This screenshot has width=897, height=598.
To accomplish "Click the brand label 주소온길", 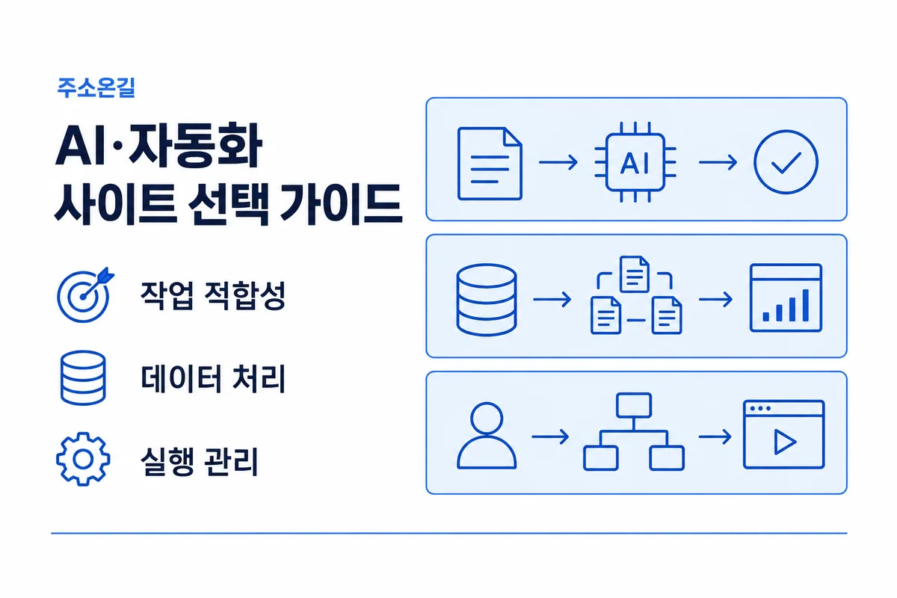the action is (x=96, y=87).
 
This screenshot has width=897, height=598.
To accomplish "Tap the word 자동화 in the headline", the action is (x=195, y=146).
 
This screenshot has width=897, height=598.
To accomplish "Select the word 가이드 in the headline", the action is (x=341, y=203).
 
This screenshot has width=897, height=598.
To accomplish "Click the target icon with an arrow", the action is (x=85, y=295).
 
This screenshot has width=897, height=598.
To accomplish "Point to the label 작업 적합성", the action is (x=212, y=295).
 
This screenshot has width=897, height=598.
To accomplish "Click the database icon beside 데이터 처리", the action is (x=83, y=378).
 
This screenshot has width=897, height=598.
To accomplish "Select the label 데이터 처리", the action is (x=212, y=378).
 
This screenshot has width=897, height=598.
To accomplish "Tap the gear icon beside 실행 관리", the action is (x=83, y=459).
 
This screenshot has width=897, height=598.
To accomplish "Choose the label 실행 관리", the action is (x=199, y=461).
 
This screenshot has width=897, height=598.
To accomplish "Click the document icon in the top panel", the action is (x=490, y=164).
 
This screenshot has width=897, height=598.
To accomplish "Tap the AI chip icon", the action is (x=635, y=162).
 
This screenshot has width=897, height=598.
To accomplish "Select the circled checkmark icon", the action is (x=786, y=161).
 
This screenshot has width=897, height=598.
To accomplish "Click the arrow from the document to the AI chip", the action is (x=558, y=162).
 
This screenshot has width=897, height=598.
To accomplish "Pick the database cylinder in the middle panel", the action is (x=487, y=299).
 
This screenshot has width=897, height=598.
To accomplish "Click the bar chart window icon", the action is (x=786, y=298).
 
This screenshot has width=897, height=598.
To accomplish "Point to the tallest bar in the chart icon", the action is (x=806, y=305).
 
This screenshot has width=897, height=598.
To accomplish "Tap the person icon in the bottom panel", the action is (x=487, y=435).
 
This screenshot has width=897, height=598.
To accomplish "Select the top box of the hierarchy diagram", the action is (x=634, y=405).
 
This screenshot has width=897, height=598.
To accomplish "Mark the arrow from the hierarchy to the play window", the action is (x=715, y=437).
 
